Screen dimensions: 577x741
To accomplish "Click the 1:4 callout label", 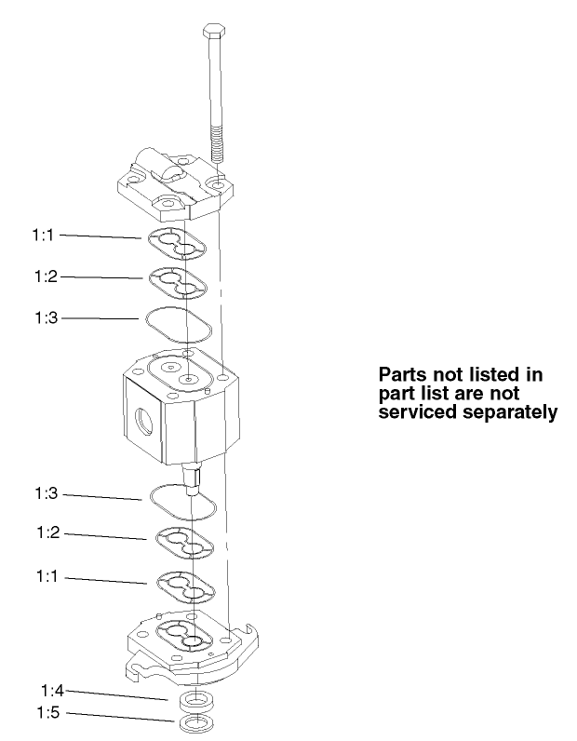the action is point(53,691).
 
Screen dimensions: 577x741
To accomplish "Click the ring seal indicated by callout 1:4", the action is point(193,699).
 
